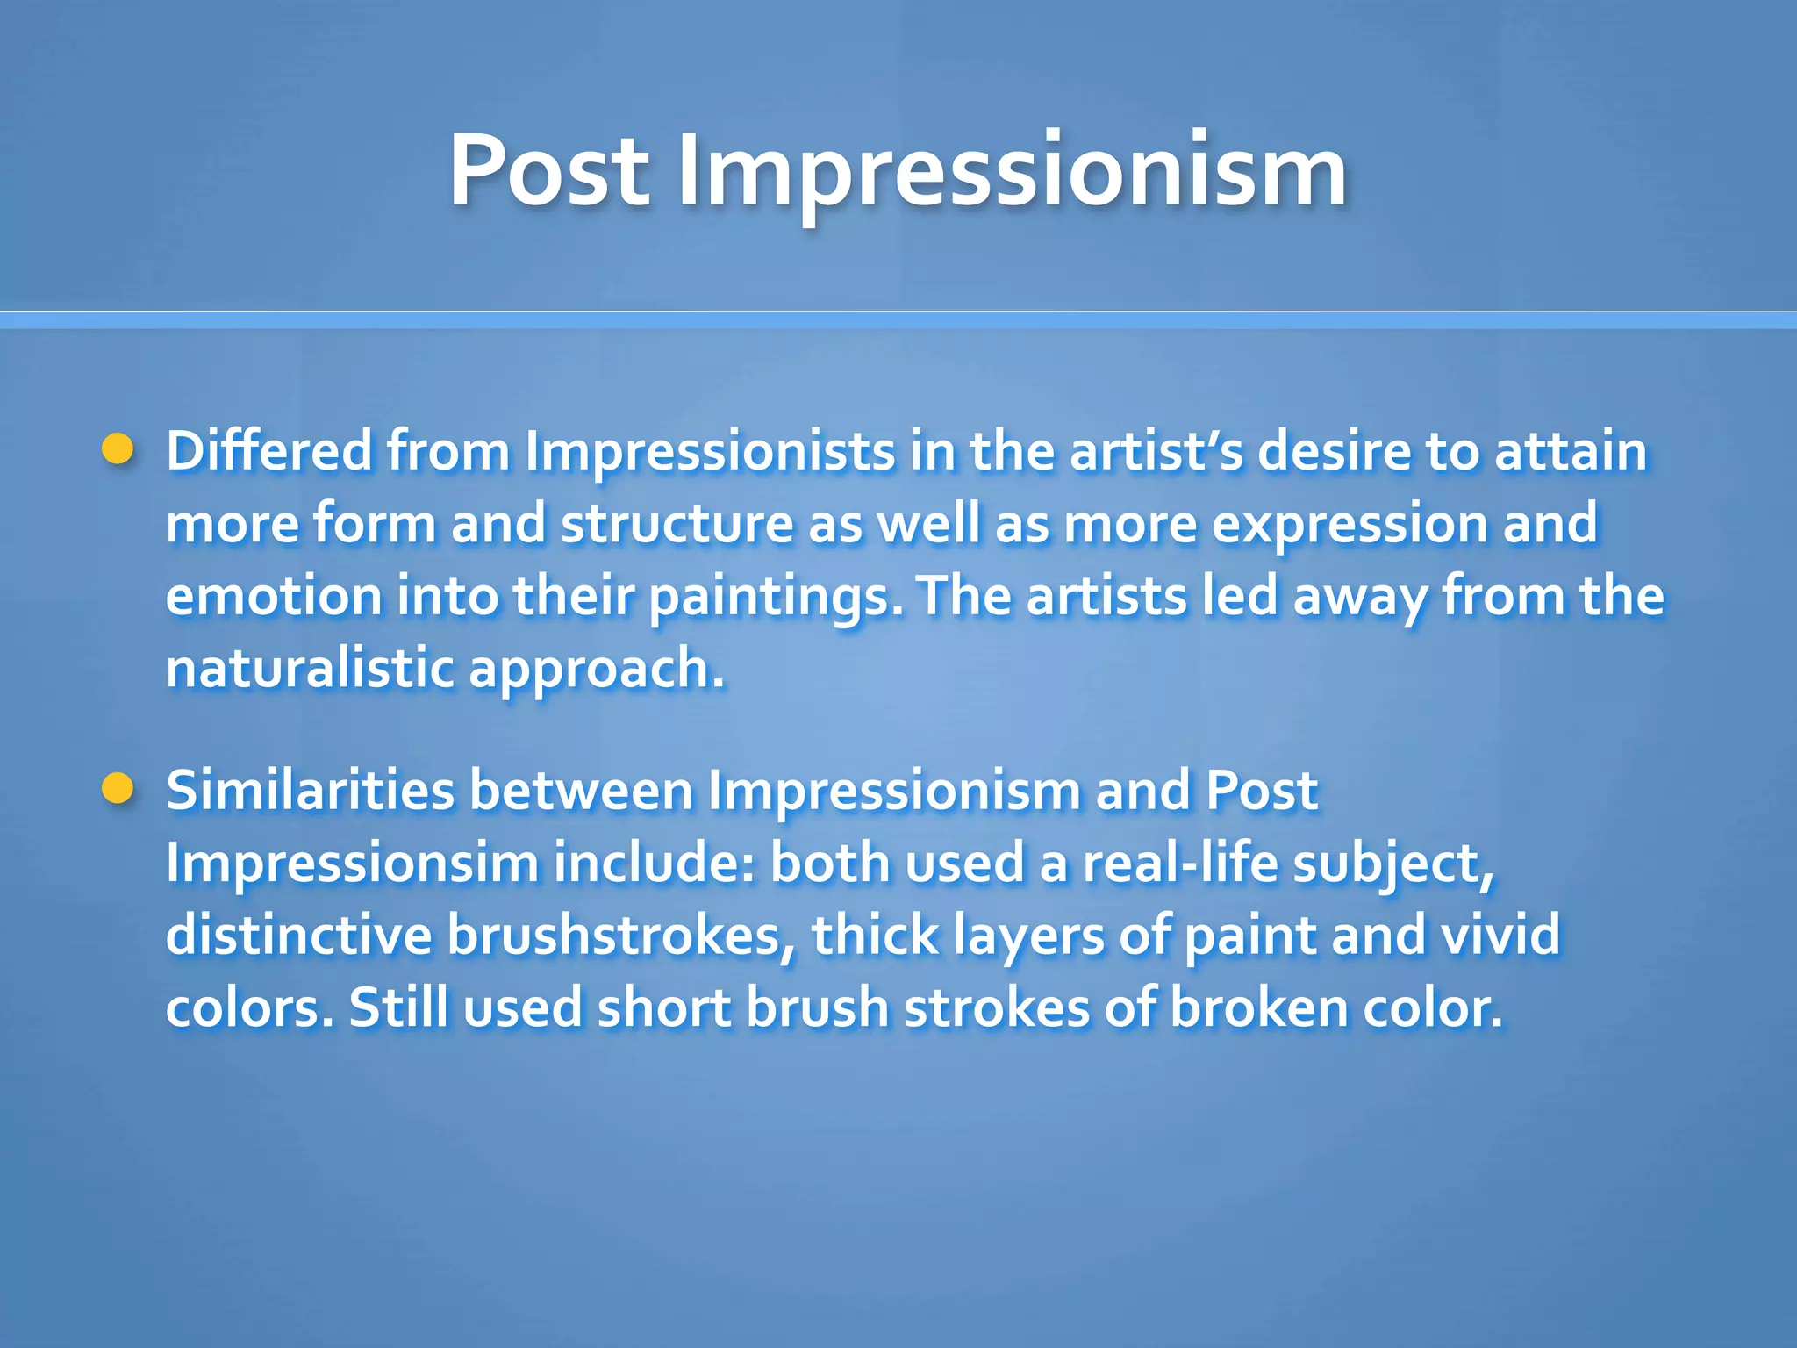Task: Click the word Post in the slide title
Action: [549, 170]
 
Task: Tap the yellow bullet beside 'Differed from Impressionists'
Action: [118, 450]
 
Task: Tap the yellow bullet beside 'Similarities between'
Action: [118, 789]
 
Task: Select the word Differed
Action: [269, 451]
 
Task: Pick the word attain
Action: [1571, 451]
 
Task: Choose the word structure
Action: [677, 524]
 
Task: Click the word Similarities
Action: [310, 791]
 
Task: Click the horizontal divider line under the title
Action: [898, 320]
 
